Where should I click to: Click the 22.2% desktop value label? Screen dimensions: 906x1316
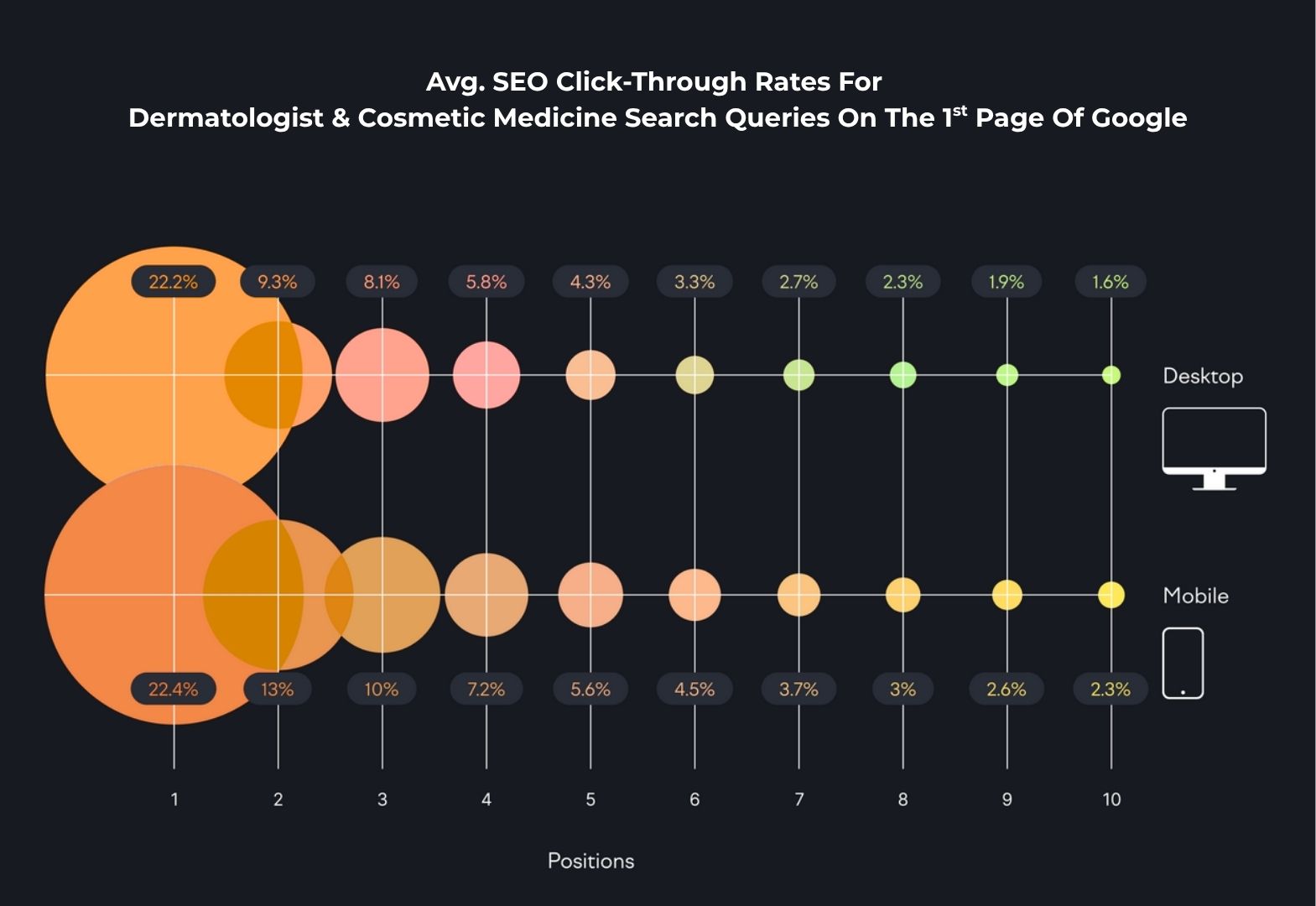click(173, 282)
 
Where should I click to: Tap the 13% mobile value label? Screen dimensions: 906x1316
click(277, 690)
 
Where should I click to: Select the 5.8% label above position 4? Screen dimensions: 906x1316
click(486, 282)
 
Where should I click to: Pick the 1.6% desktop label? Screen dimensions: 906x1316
click(1110, 282)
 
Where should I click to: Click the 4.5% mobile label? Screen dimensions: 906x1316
click(694, 690)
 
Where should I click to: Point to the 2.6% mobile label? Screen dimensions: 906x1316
click(1006, 690)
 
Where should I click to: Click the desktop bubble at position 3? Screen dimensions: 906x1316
click(382, 375)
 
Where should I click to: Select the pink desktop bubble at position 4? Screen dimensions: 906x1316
click(486, 375)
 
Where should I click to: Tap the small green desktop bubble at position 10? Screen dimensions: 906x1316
click(1111, 375)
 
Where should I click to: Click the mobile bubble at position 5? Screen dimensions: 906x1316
click(590, 595)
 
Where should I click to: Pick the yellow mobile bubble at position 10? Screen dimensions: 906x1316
click(1111, 595)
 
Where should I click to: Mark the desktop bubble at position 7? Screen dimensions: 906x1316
click(798, 375)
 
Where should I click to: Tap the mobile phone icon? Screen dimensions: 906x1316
click(1183, 663)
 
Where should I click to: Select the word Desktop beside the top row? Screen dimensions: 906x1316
click(1202, 376)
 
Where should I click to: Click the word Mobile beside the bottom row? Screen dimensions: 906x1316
click(1195, 596)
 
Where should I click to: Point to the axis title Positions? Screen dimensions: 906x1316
click(590, 861)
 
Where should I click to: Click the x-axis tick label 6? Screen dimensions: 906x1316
click(694, 799)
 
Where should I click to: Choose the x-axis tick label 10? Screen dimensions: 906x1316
click(1111, 799)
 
